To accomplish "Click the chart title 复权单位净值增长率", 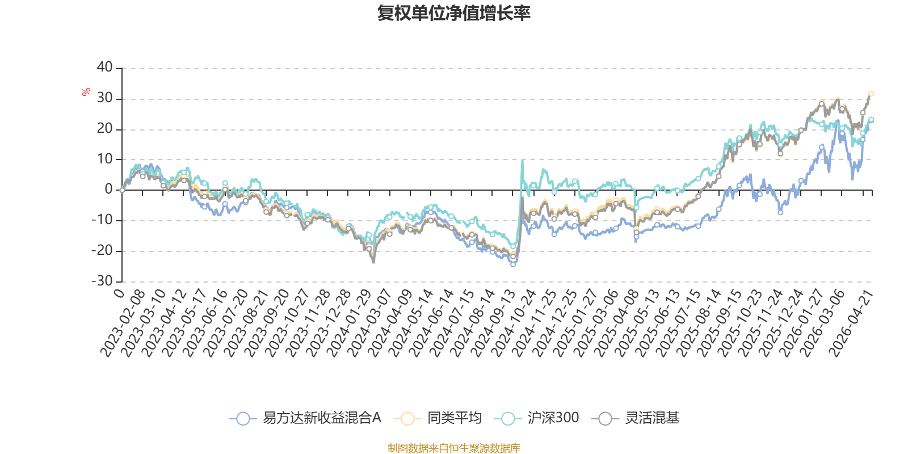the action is pos(453,14).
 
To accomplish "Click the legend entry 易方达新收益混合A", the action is pos(305,418).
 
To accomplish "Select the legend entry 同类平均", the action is pos(438,418).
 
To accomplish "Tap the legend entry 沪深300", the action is pos(536,418).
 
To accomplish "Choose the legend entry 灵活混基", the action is pos(635,418).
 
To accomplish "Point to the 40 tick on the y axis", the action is pos(104,68).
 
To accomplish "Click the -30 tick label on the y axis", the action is pos(102,281).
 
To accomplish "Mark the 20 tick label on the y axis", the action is pos(104,128).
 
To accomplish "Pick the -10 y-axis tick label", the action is pos(102,220).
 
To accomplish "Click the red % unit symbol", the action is pos(86,92).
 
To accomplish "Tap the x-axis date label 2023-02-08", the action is pos(123,323).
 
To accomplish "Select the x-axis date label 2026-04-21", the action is pos(851,323).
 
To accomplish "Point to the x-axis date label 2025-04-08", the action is pos(617,323).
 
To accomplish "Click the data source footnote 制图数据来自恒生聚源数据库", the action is pos(453,448).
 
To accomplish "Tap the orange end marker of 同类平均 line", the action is pos(871,94).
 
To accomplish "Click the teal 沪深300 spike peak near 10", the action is pos(522,161).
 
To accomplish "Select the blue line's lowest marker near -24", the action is pos(513,264).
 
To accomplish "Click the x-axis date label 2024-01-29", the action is pos(349,323).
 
